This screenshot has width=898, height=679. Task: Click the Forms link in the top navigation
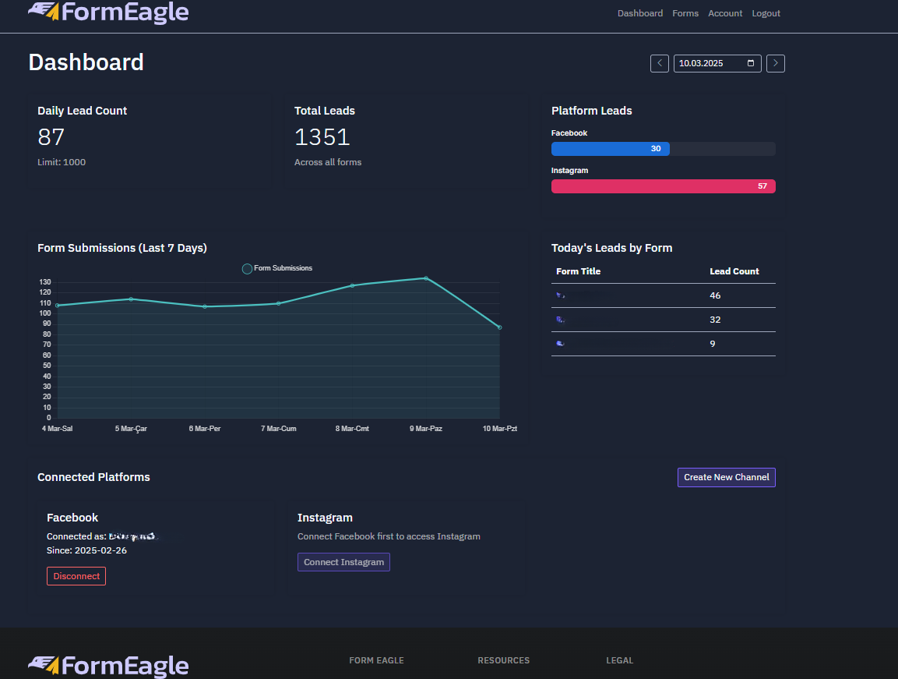[685, 13]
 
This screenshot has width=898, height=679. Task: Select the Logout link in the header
[766, 13]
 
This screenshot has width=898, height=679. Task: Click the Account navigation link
[725, 13]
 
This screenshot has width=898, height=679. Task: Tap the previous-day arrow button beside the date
[660, 63]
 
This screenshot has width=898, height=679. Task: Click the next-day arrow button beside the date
[775, 63]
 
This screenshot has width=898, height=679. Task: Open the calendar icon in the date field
[751, 63]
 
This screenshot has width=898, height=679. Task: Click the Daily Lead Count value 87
[51, 137]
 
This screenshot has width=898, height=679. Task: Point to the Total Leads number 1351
[322, 137]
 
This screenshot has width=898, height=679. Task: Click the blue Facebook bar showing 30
[610, 149]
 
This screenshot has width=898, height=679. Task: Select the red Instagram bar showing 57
[663, 186]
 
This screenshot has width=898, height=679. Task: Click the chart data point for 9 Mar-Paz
[426, 278]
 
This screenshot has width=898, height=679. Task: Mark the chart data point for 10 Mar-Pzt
[499, 327]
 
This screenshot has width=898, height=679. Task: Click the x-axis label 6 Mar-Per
[205, 429]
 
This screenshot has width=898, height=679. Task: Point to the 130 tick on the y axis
[45, 282]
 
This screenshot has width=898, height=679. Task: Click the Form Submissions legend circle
[247, 269]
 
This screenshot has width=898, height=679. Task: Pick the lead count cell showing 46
[716, 295]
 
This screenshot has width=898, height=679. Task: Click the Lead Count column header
[734, 271]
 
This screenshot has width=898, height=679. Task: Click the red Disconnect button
[76, 576]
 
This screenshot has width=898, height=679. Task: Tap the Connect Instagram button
[343, 562]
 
